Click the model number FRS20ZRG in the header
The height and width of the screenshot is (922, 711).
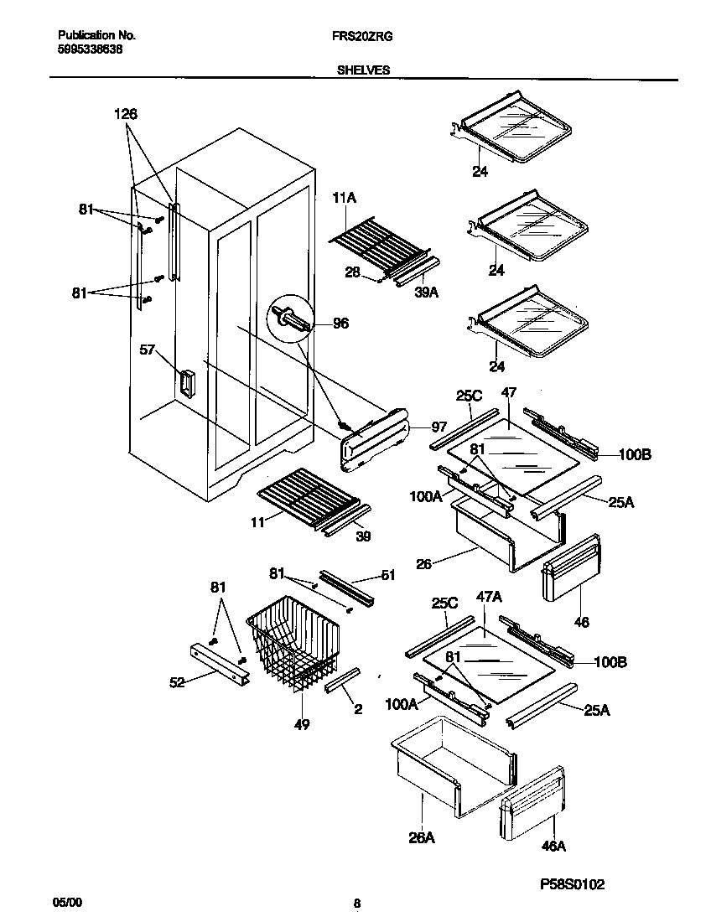click(363, 37)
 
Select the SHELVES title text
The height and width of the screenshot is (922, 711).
click(363, 71)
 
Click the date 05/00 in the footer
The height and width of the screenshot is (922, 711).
click(67, 903)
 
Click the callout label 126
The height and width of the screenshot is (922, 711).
click(125, 114)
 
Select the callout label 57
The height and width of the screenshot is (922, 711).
click(148, 350)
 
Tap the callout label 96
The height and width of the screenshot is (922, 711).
click(340, 323)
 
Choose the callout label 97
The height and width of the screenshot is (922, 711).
click(440, 427)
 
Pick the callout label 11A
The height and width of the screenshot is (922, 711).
click(345, 199)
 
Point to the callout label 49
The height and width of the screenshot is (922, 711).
click(301, 724)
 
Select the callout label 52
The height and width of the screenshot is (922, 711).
click(177, 682)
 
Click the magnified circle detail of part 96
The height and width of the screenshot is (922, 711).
click(288, 319)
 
